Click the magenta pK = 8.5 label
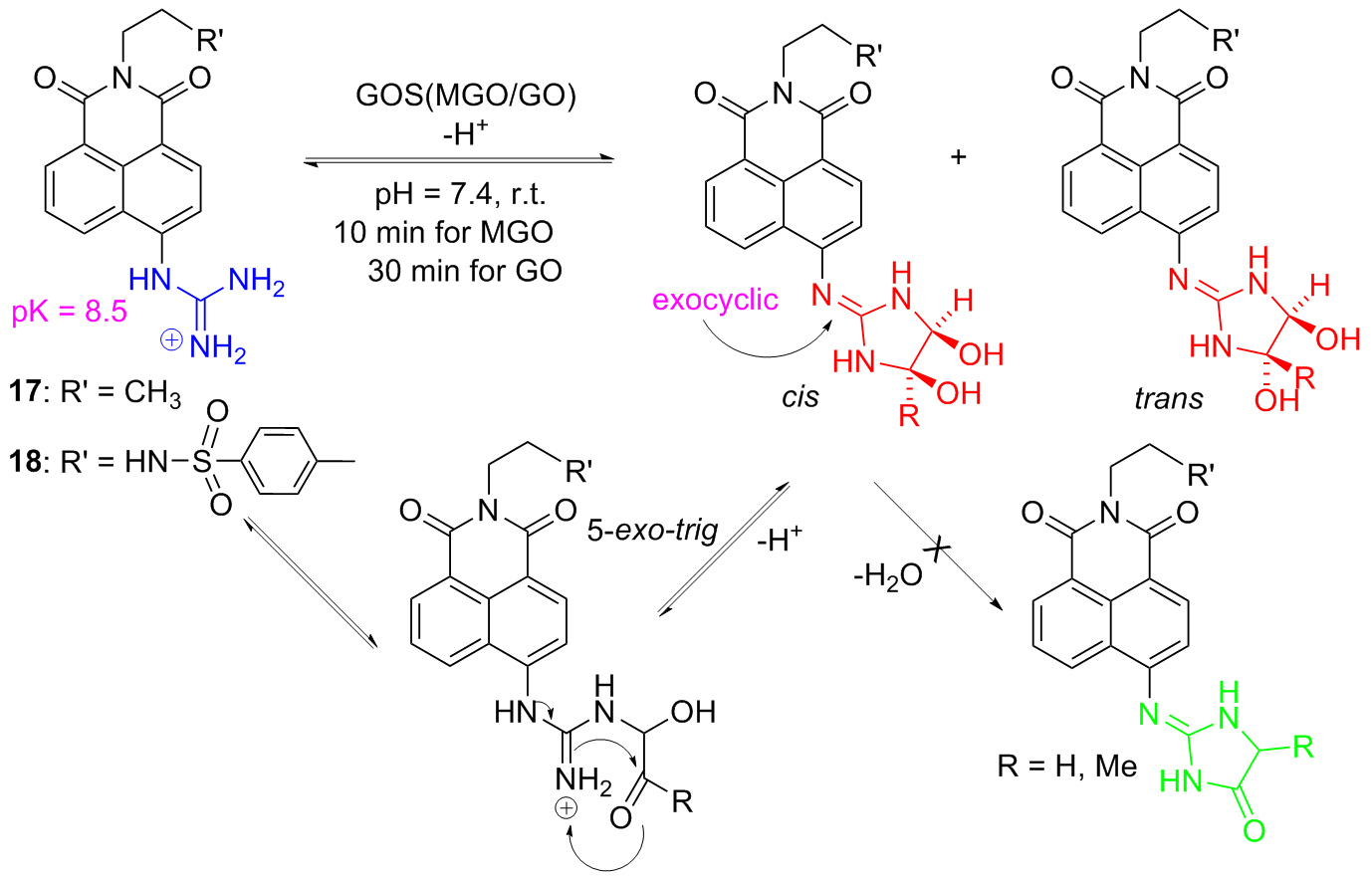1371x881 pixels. [70, 313]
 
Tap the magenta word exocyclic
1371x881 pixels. [715, 300]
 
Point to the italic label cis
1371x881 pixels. [800, 397]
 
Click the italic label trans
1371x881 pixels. [1168, 398]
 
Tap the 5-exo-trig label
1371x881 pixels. [652, 530]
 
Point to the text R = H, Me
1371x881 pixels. [1066, 766]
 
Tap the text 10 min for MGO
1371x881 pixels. [444, 232]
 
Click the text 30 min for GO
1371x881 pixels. [464, 270]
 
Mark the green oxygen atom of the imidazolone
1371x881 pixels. [1253, 829]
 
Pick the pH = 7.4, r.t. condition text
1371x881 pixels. [462, 193]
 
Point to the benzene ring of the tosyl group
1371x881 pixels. [285, 460]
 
